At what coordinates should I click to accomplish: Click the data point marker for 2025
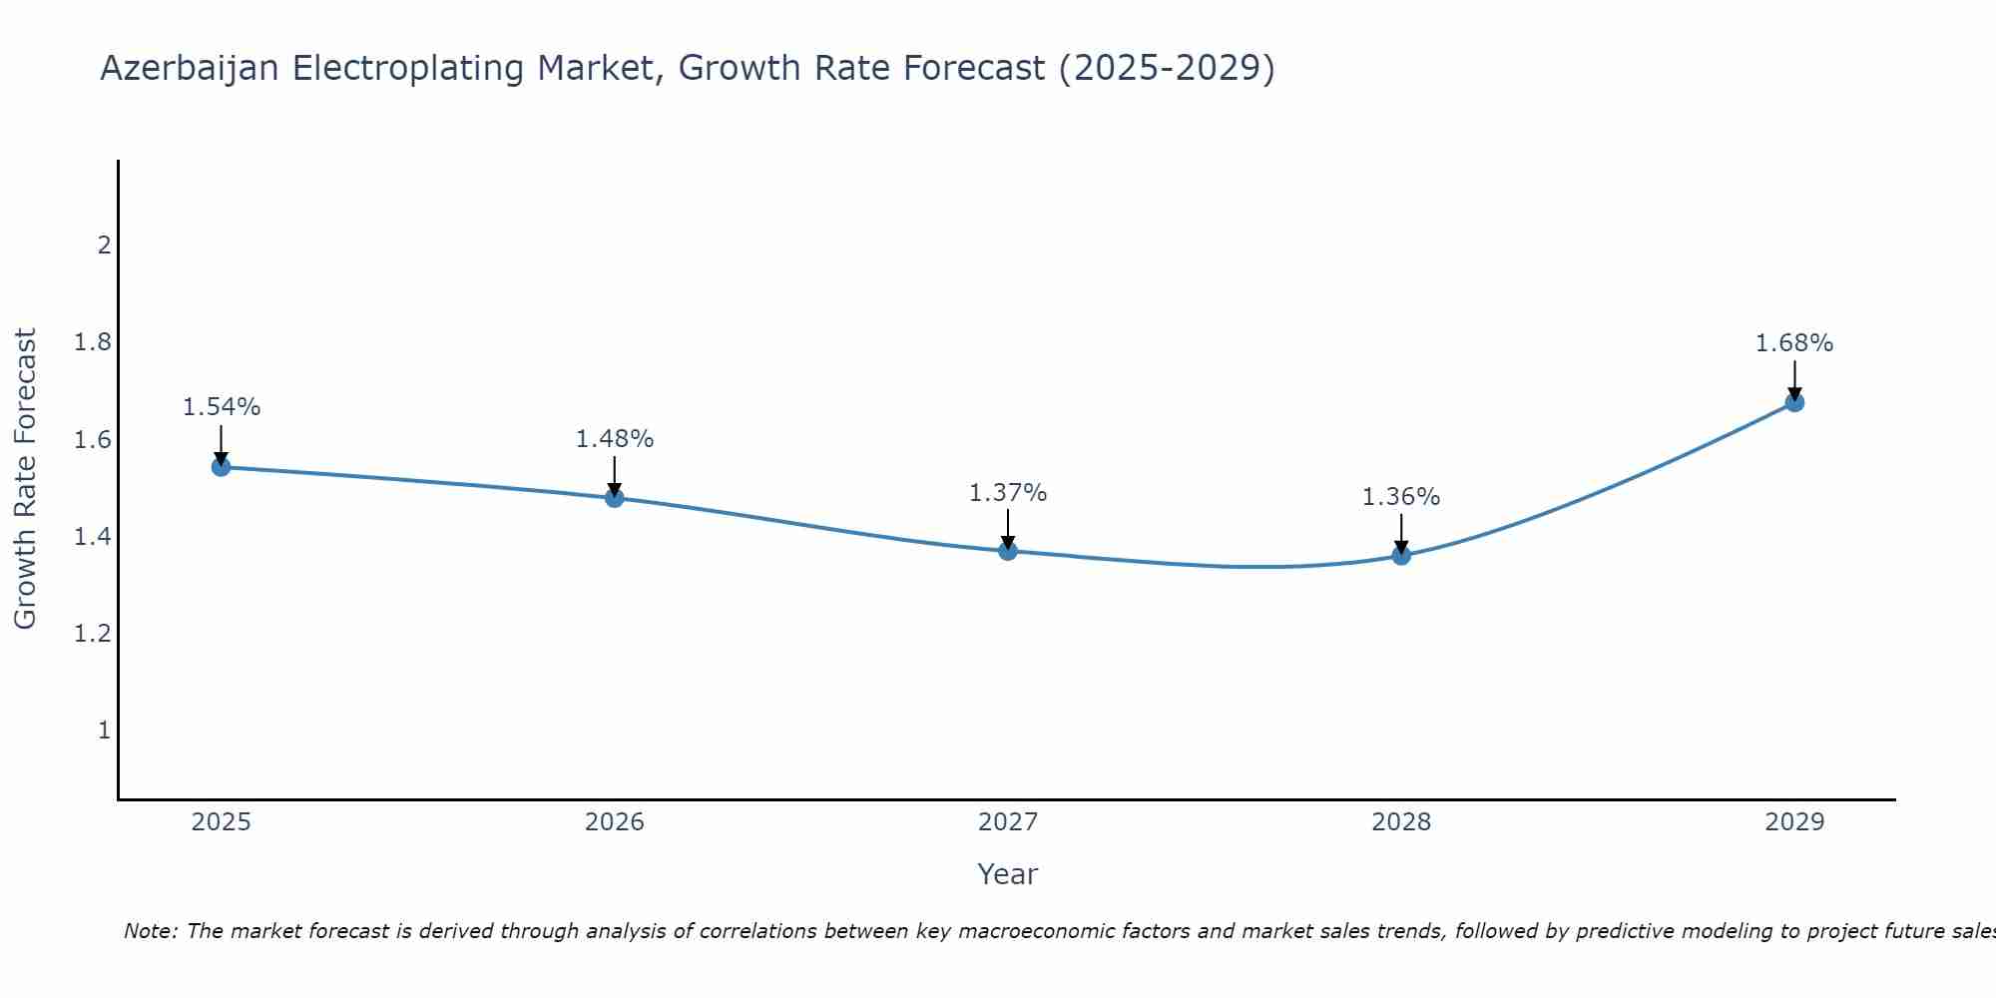[222, 467]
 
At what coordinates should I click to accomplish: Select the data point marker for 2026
[615, 498]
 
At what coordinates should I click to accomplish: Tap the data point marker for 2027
[1008, 551]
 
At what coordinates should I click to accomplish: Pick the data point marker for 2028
[1401, 556]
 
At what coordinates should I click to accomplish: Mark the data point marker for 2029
[1794, 402]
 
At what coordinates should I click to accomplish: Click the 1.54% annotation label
[222, 407]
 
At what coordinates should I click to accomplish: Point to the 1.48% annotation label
[615, 439]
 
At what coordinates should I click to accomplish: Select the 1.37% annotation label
[1008, 493]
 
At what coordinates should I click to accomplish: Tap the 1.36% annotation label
[1401, 497]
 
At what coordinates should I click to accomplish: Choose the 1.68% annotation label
[1794, 343]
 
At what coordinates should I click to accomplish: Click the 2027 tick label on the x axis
[1008, 822]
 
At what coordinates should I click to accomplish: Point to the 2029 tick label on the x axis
[1794, 822]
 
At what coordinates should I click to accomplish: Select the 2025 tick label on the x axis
[222, 822]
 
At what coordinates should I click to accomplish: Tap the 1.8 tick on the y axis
[92, 342]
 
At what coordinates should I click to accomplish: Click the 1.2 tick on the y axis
[92, 634]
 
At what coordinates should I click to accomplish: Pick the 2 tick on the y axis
[104, 246]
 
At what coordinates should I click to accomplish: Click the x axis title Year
[1008, 874]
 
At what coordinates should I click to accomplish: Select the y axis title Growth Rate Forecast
[26, 479]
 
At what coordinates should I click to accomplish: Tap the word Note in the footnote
[150, 931]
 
